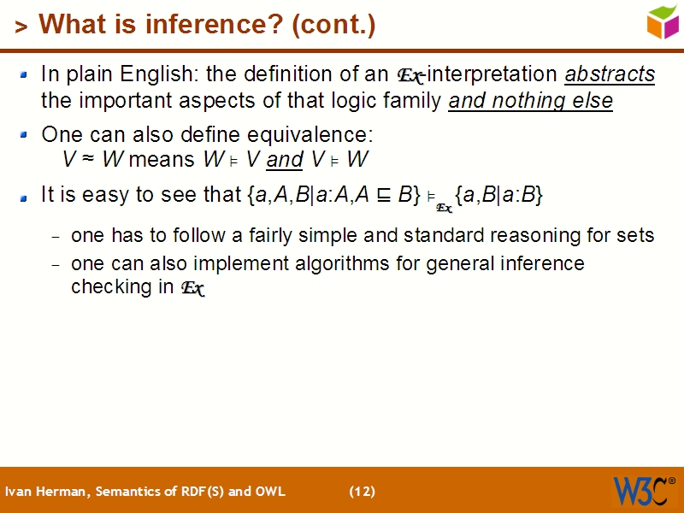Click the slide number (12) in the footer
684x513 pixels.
[x=362, y=492]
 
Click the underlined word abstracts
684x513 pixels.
[x=610, y=74]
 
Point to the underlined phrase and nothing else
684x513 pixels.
[x=530, y=101]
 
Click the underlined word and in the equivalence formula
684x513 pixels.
[x=285, y=160]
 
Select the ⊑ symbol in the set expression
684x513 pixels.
[x=384, y=195]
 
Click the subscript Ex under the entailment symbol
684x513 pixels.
[x=444, y=208]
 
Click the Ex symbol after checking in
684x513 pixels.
[x=192, y=288]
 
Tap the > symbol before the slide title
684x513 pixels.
[x=21, y=27]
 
